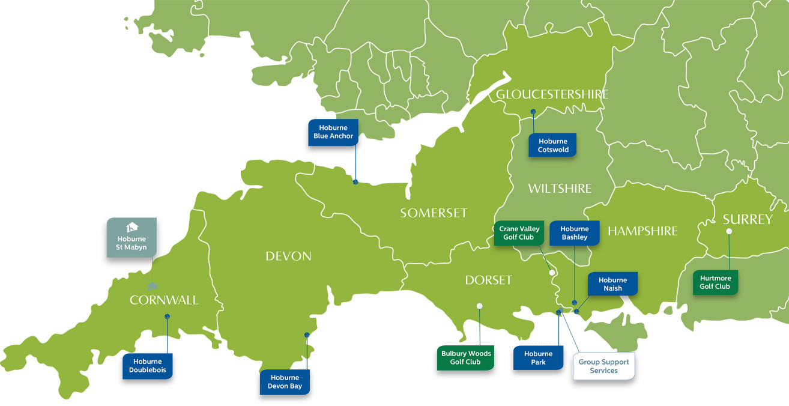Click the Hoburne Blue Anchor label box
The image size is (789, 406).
pyautogui.click(x=333, y=132)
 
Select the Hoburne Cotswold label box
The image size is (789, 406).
pyautogui.click(x=552, y=145)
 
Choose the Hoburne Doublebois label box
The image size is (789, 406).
pyautogui.click(x=148, y=366)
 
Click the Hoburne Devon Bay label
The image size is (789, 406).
pyautogui.click(x=285, y=382)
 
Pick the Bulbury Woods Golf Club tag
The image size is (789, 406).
pyautogui.click(x=465, y=357)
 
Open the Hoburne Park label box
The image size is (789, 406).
pyautogui.click(x=538, y=358)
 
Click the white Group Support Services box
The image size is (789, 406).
pyautogui.click(x=603, y=366)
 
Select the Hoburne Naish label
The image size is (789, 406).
pyautogui.click(x=612, y=284)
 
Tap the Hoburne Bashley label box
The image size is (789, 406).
pyautogui.click(x=575, y=233)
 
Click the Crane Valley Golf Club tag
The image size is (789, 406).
pyautogui.click(x=519, y=233)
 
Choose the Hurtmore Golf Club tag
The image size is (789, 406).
pyautogui.click(x=715, y=282)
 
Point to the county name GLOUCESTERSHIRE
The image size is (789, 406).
pyautogui.click(x=552, y=94)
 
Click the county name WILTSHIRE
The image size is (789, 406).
pyautogui.click(x=560, y=189)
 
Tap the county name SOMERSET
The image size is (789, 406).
pyautogui.click(x=434, y=213)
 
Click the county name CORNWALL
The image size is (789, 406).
pyautogui.click(x=164, y=300)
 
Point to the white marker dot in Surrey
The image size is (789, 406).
pyautogui.click(x=729, y=231)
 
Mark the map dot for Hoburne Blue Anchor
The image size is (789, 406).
pyautogui.click(x=355, y=182)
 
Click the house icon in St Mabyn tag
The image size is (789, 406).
pyautogui.click(x=131, y=228)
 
